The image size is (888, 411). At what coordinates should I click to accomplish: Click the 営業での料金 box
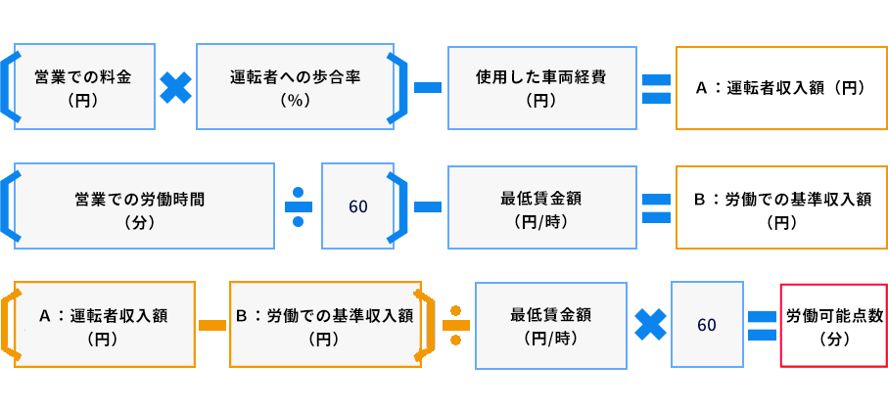point(84,86)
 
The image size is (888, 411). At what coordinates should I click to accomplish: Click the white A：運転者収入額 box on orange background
point(779,86)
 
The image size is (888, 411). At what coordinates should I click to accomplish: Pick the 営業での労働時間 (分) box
point(145,205)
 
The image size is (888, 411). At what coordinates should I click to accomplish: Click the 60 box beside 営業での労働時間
point(357,206)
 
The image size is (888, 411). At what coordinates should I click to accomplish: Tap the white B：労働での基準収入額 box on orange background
point(779,206)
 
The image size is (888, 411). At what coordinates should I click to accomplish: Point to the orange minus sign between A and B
point(212,324)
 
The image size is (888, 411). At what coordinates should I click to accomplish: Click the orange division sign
point(455,323)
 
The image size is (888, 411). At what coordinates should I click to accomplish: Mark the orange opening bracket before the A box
point(9,324)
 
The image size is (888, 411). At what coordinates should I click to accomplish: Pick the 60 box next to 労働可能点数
point(707,325)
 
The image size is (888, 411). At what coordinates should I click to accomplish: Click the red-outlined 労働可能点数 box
point(834,325)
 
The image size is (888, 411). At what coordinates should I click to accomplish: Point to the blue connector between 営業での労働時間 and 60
point(299,206)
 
